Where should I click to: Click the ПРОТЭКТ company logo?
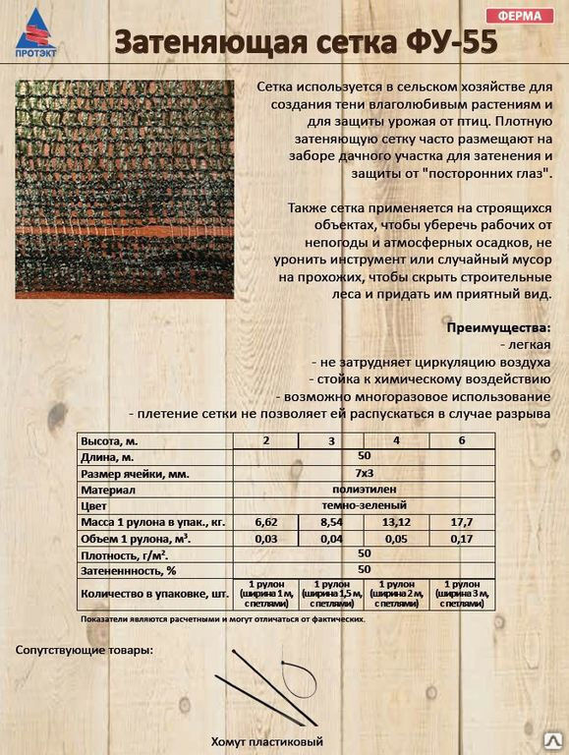click(x=35, y=36)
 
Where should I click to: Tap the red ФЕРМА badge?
click(x=518, y=15)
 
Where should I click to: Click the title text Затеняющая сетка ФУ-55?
click(x=300, y=43)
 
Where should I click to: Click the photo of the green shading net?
click(x=124, y=189)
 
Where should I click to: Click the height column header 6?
click(x=462, y=440)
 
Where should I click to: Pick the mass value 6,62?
click(x=265, y=521)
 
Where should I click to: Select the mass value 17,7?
click(x=462, y=521)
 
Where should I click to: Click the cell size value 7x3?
click(x=364, y=473)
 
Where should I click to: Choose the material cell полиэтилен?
click(x=364, y=489)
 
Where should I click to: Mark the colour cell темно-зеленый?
click(x=364, y=504)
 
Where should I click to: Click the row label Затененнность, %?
click(x=129, y=569)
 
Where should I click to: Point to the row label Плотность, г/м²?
click(x=124, y=553)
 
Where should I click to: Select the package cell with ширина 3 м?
click(x=462, y=595)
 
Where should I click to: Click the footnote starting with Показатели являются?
click(x=223, y=620)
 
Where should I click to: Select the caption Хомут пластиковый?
click(x=266, y=741)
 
